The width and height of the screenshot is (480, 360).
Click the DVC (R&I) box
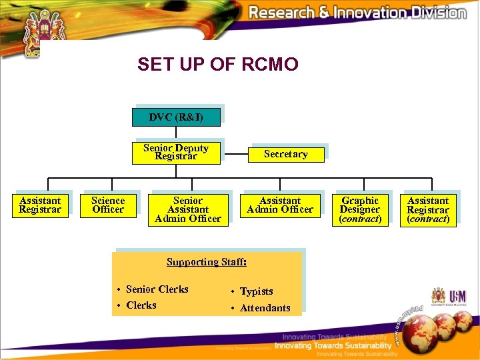(176, 117)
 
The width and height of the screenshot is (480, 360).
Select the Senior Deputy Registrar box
(176, 152)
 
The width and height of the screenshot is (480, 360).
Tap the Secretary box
(286, 154)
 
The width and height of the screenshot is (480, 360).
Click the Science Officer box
(108, 205)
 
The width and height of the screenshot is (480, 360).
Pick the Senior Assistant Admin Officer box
(188, 209)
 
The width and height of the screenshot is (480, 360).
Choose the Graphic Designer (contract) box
(360, 209)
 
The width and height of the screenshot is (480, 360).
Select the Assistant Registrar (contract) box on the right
(428, 209)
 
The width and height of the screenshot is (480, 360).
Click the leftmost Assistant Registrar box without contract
(40, 205)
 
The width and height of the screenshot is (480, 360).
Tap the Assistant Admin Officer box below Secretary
(280, 205)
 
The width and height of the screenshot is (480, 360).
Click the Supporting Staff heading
(207, 262)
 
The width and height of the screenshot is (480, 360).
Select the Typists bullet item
(256, 291)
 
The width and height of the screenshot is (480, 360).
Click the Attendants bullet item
(265, 308)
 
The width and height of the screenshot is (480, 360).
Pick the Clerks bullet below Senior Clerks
(141, 305)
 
